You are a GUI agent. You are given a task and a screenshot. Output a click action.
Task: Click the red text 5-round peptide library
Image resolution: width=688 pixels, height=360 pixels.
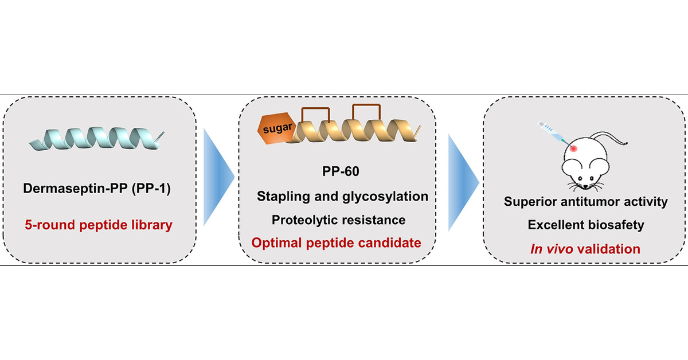tap(98, 225)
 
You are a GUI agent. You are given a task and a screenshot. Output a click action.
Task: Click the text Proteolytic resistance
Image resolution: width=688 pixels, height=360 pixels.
tap(339, 220)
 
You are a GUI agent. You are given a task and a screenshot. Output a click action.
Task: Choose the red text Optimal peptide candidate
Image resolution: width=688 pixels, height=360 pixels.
tap(337, 242)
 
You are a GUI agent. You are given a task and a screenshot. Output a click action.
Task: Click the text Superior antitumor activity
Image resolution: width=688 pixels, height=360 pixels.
tap(585, 202)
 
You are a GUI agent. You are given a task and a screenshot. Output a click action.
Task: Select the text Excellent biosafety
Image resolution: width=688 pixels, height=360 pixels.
tap(585, 225)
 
